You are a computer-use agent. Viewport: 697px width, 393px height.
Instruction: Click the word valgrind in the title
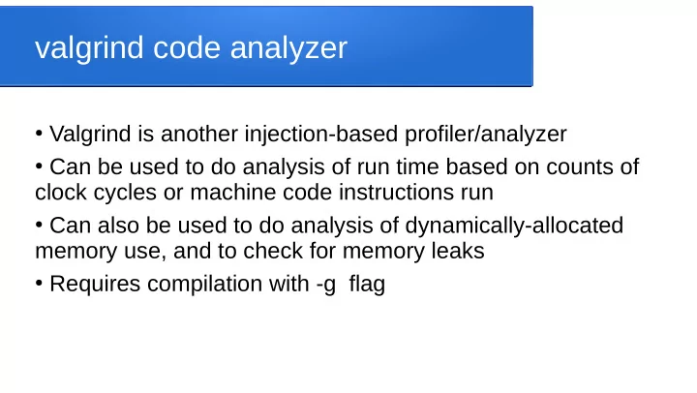click(89, 48)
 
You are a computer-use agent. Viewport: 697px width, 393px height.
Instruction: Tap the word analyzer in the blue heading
click(288, 48)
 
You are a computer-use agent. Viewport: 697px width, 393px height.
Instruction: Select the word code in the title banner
click(187, 47)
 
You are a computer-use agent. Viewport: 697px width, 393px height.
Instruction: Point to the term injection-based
click(321, 135)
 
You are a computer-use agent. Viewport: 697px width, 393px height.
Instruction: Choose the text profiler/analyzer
click(485, 135)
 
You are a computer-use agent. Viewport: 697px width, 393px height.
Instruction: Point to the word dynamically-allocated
click(514, 227)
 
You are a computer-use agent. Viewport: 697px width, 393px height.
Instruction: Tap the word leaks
click(458, 251)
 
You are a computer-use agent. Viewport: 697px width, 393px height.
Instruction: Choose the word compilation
click(204, 285)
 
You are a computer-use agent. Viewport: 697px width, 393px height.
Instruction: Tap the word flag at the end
click(367, 285)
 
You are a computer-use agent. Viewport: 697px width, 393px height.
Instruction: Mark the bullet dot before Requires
click(39, 283)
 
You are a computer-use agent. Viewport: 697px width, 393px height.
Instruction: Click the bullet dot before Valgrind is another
click(39, 133)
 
